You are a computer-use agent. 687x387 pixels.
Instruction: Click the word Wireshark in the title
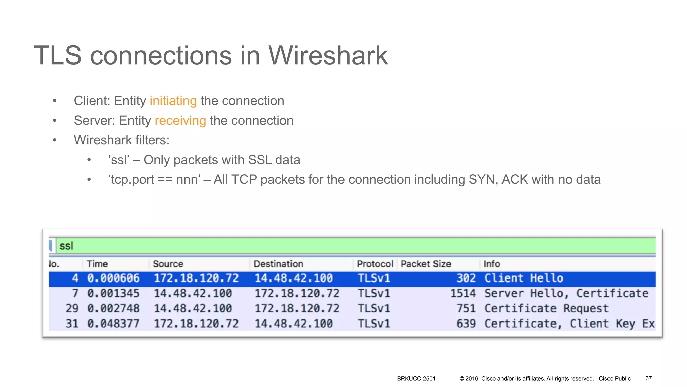coord(327,56)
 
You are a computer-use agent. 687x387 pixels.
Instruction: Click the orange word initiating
coord(173,101)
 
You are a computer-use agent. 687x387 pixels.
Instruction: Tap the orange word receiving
coord(180,121)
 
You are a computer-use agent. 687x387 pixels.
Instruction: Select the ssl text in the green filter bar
coord(66,246)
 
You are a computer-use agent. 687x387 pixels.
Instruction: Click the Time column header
coord(97,264)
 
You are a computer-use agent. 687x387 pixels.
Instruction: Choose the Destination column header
coord(278,264)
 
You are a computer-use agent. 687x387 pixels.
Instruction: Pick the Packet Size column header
coord(425,264)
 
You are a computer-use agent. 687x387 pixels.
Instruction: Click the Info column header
coord(491,264)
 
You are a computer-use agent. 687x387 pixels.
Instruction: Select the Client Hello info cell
coord(523,278)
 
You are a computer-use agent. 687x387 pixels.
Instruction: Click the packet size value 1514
coord(463,293)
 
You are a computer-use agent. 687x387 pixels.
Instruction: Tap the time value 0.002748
coord(113,308)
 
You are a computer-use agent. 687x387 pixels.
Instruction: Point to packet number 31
coord(72,324)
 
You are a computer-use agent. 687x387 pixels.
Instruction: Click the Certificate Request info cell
coord(546,308)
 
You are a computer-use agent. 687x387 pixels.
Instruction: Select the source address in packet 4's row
coord(196,278)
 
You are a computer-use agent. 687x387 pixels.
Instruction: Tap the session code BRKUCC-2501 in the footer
coord(416,379)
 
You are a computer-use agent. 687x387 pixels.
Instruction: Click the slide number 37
coord(648,378)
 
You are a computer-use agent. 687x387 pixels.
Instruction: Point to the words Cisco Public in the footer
coord(615,379)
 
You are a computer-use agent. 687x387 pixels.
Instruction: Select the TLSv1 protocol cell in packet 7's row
coord(374,293)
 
